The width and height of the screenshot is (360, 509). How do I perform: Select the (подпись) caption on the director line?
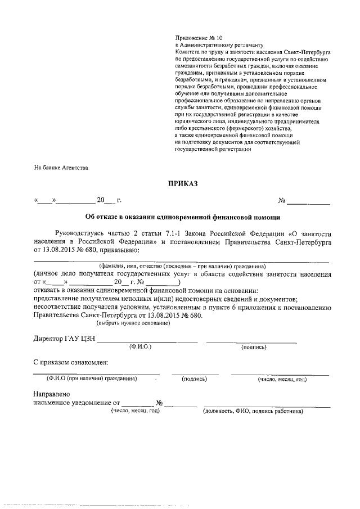click(253, 347)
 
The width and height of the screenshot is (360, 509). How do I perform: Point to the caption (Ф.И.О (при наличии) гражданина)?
click(92, 379)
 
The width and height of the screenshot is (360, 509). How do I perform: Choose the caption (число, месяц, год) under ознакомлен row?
click(282, 379)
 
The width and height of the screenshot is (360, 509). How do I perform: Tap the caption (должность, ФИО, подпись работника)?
click(253, 411)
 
